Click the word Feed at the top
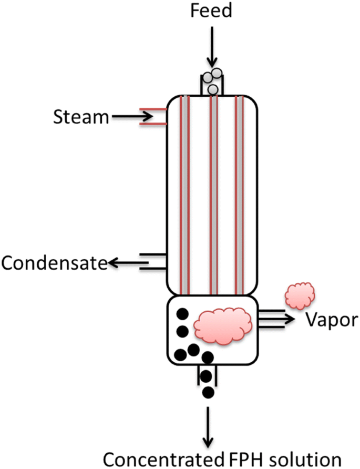tap(211, 11)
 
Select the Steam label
tap(80, 117)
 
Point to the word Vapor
tap(326, 319)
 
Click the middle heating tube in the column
tap(212, 195)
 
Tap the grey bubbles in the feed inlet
tap(212, 81)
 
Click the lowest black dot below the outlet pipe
tap(209, 392)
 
